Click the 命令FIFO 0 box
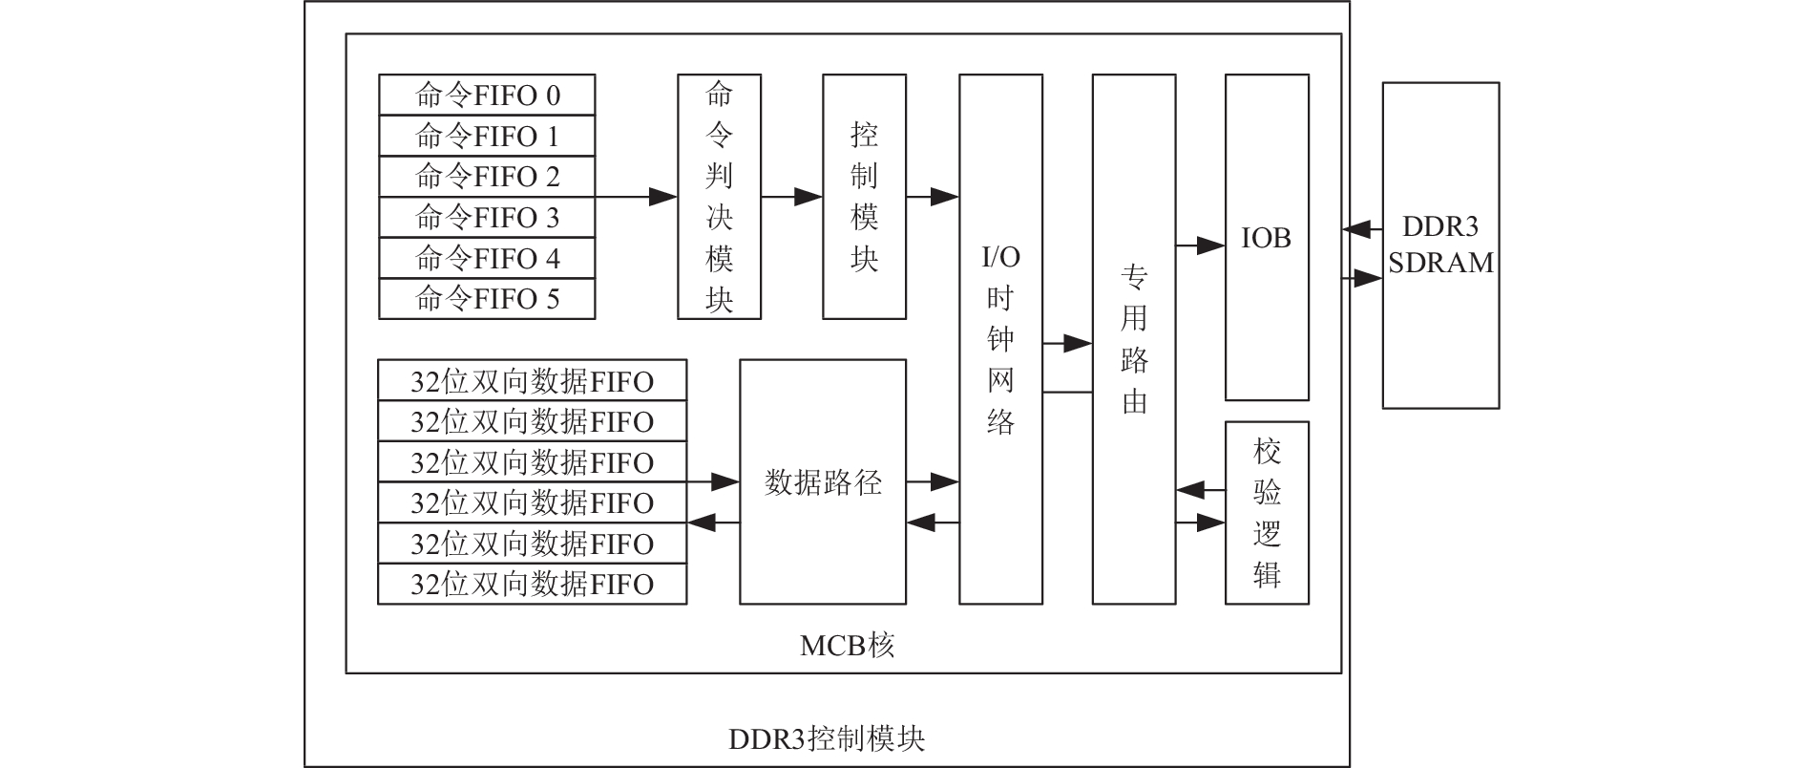(x=487, y=96)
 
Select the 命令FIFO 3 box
(x=487, y=217)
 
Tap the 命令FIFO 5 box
(x=487, y=299)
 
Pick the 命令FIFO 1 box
(x=487, y=136)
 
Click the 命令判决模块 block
(x=719, y=197)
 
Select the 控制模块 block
(x=864, y=197)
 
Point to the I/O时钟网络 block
(x=1000, y=339)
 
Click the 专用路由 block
(x=1134, y=339)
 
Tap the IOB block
(x=1267, y=237)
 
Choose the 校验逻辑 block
(x=1267, y=513)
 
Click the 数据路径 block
(x=823, y=481)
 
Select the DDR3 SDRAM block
(x=1440, y=245)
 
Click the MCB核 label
(x=847, y=647)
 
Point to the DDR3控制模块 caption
(x=827, y=738)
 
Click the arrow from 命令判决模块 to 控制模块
(x=791, y=197)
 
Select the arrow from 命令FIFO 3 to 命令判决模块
(x=637, y=197)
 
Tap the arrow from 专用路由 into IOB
(x=1200, y=246)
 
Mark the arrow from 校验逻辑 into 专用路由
(x=1200, y=491)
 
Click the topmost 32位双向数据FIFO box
(x=533, y=381)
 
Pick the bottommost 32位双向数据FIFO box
(x=533, y=584)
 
